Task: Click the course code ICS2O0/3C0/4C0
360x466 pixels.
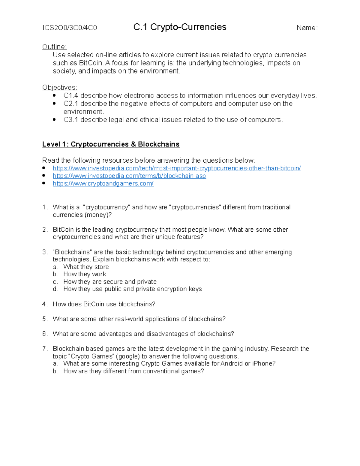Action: coord(70,28)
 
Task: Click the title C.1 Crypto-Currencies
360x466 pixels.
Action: coord(180,27)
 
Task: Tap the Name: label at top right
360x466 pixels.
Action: coord(307,28)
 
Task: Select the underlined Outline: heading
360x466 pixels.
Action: coord(54,47)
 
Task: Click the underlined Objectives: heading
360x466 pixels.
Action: coord(60,87)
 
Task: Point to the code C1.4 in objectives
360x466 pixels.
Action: coord(71,96)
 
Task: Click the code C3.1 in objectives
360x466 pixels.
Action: coord(71,120)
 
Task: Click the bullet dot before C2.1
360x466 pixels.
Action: coord(54,104)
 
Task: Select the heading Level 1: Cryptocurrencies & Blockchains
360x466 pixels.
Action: coord(111,144)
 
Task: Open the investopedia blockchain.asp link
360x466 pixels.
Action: coord(129,176)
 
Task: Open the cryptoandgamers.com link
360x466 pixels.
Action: coord(103,183)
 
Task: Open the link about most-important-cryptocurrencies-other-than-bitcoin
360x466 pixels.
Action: coord(177,168)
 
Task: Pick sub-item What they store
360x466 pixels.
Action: coord(86,267)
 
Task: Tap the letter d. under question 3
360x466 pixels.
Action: coord(55,289)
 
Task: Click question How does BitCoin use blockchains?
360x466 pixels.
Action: coord(104,304)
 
